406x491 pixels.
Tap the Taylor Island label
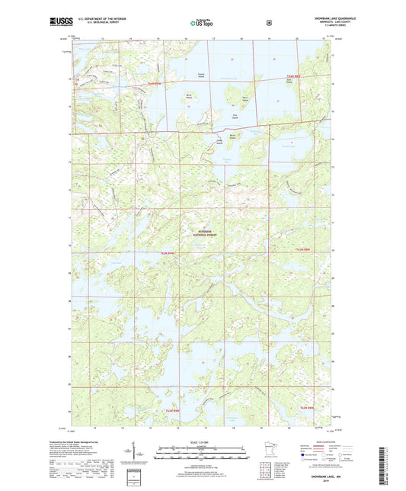[x=201, y=75]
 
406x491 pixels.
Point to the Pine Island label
[x=235, y=116]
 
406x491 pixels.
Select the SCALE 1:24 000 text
[x=203, y=441]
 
